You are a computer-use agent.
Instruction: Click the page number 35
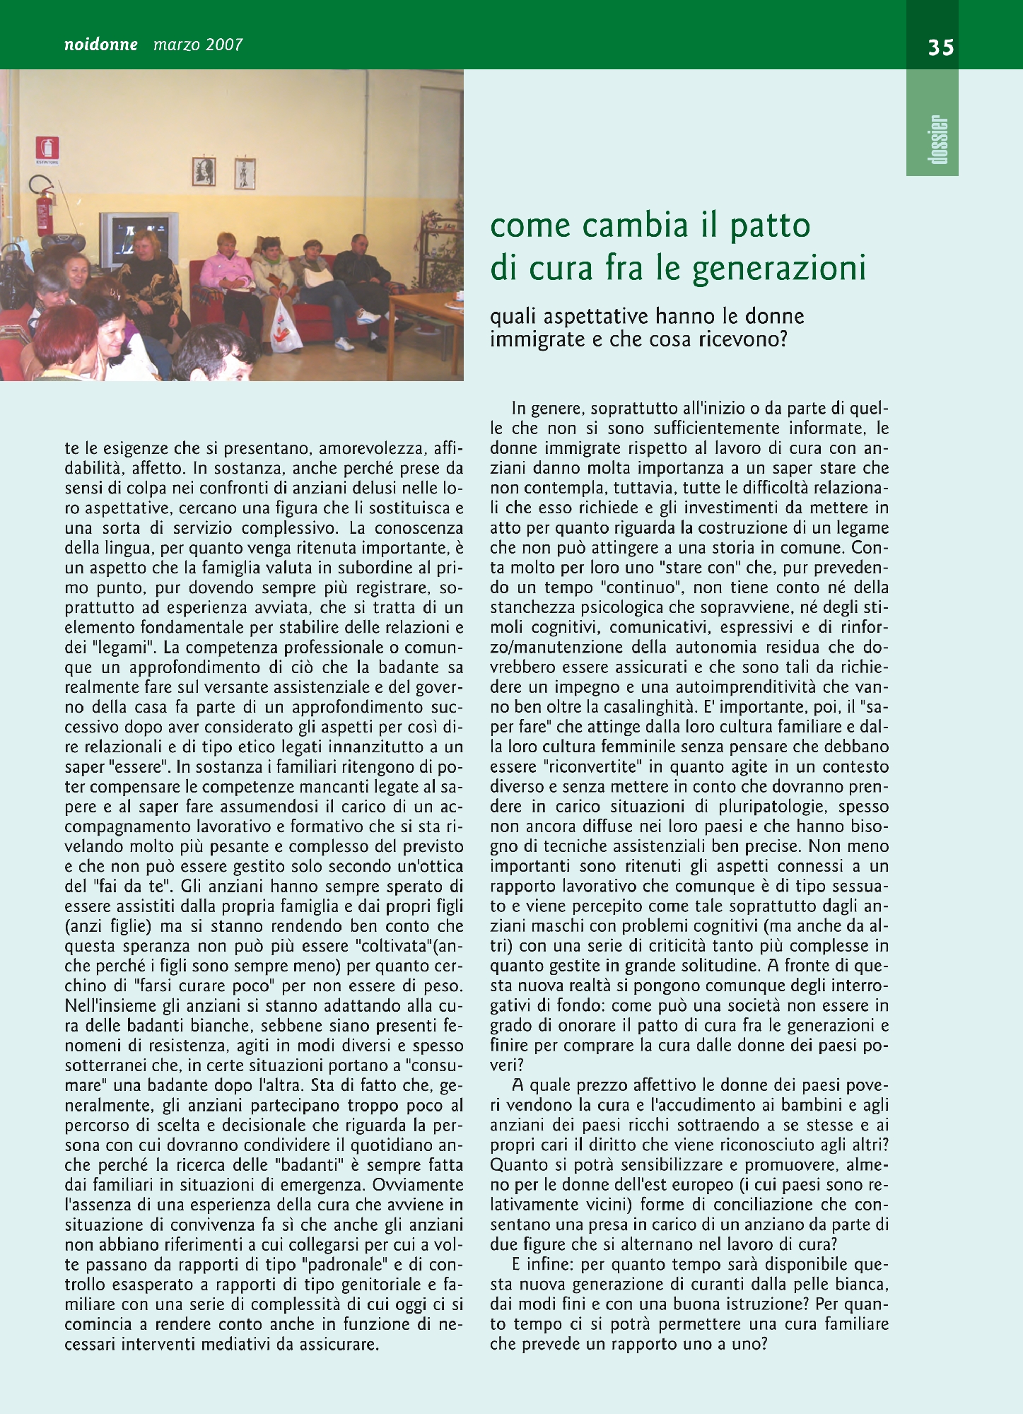pos(941,47)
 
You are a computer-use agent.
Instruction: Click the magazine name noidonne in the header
pos(101,45)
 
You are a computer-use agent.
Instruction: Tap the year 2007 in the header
pos(224,45)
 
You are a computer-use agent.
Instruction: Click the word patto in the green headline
pos(770,226)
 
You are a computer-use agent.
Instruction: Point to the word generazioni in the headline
pos(778,268)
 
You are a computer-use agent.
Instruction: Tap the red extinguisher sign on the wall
pos(47,148)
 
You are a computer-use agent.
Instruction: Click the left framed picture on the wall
pos(204,171)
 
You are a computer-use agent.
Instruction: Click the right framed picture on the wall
pos(245,173)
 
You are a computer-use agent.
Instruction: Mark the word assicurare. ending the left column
pos(339,1344)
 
